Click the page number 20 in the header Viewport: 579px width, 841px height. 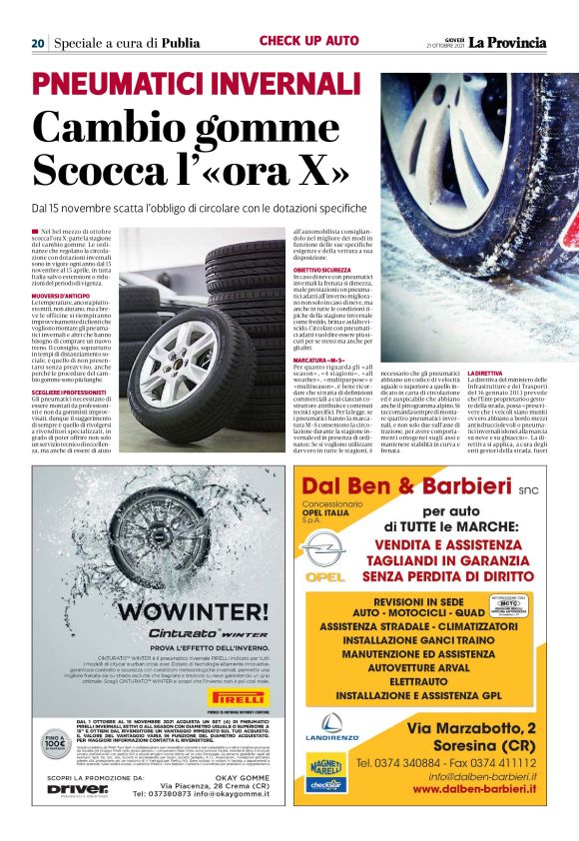(37, 43)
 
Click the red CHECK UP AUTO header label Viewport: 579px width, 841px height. (308, 41)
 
